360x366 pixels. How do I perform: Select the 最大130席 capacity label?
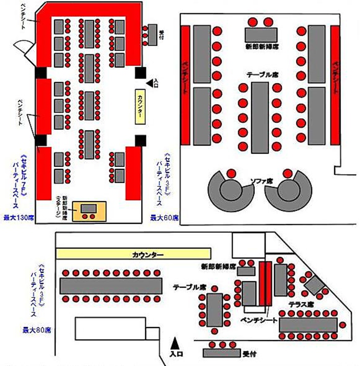(18, 217)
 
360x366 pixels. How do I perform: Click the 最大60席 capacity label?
(164, 217)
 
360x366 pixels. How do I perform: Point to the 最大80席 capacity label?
(37, 330)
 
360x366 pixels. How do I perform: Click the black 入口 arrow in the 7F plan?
(150, 83)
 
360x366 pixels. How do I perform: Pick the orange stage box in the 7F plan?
(89, 212)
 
